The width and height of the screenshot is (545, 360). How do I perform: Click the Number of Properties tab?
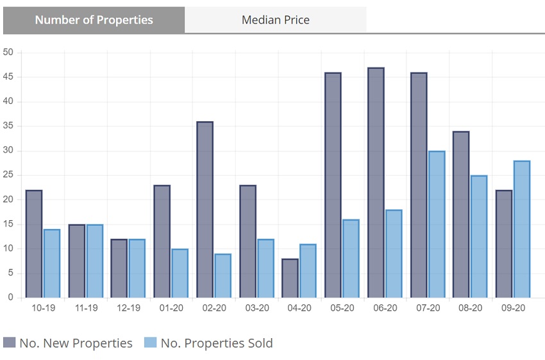(x=94, y=20)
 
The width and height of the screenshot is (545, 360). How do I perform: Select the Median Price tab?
(x=275, y=20)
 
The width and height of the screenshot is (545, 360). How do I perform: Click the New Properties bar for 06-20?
(x=376, y=183)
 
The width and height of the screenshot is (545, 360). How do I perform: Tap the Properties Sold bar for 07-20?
(x=436, y=225)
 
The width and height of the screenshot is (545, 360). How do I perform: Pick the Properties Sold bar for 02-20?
(x=222, y=276)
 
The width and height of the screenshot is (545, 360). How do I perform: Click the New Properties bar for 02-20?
(x=205, y=210)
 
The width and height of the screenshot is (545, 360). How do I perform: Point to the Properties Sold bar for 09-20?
(x=522, y=229)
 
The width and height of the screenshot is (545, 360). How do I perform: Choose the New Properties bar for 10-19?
(x=33, y=244)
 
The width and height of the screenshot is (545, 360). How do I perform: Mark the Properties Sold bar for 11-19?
(x=94, y=261)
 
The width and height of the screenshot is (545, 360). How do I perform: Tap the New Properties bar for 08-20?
(x=461, y=214)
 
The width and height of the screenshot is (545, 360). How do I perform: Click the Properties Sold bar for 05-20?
(x=351, y=259)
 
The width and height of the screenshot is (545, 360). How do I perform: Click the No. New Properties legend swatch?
(x=9, y=343)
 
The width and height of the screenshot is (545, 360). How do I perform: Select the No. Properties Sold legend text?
(x=217, y=343)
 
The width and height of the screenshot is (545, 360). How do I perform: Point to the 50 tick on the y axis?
(x=8, y=53)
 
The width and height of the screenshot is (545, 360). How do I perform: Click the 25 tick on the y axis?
(x=8, y=175)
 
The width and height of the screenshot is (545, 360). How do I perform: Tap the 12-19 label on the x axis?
(x=128, y=308)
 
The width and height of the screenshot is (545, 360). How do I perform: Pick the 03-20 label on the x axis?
(x=256, y=308)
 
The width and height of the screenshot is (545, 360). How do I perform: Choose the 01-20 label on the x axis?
(x=171, y=308)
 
